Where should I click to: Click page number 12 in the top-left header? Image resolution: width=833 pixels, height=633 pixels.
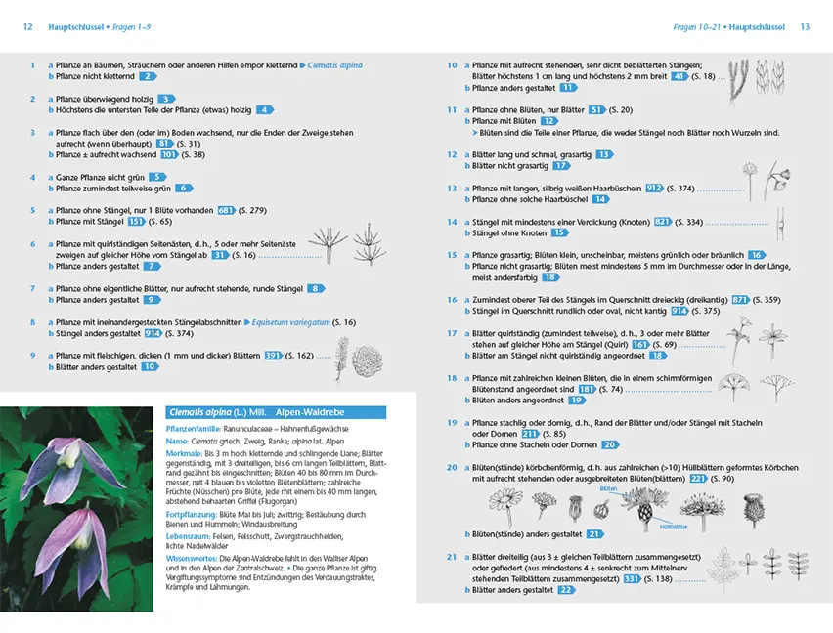[28, 27]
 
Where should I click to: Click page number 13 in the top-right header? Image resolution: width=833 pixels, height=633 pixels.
[805, 27]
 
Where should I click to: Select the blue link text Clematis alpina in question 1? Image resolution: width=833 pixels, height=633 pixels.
[335, 64]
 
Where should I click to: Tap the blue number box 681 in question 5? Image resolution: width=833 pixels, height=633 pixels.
[226, 210]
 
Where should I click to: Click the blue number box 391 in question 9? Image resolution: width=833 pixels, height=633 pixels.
[274, 356]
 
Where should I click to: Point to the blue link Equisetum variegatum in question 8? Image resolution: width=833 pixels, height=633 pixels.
[288, 322]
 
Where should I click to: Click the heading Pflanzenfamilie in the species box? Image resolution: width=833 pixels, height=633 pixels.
[197, 429]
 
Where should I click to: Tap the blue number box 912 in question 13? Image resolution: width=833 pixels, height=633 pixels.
[654, 189]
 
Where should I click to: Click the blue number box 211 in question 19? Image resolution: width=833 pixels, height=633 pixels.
[530, 434]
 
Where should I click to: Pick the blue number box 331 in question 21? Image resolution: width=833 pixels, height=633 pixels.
[632, 579]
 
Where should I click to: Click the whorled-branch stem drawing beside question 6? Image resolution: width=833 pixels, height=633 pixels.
[323, 242]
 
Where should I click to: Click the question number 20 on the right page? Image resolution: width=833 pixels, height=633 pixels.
[452, 468]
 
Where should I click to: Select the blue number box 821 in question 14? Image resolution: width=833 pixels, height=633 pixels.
[663, 223]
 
